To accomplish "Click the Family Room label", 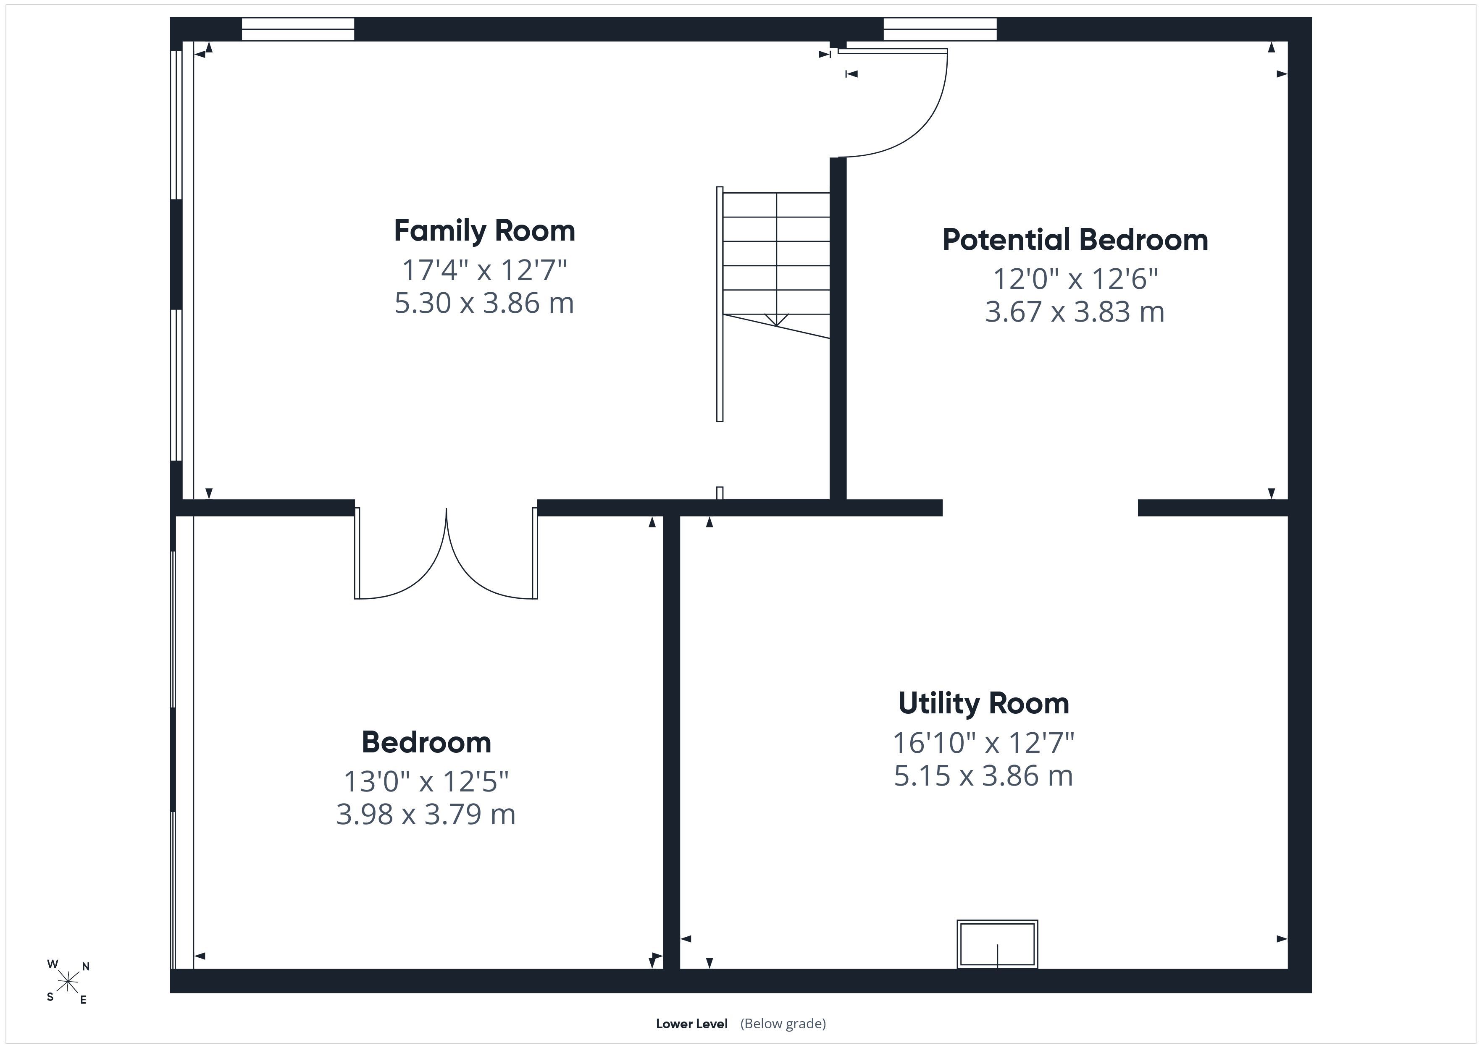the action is pos(484,231).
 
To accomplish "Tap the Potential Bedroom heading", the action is pos(1075,239).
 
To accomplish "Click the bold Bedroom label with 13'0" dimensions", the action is pos(426,742).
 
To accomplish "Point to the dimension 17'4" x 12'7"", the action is pos(484,270).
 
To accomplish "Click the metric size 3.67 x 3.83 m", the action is pos(1075,312).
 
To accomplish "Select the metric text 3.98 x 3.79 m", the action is pos(426,815).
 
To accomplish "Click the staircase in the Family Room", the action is pos(773,303).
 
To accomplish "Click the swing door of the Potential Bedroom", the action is pos(893,103).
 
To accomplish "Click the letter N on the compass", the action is pos(86,967).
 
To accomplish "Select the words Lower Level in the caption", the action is pos(691,1024).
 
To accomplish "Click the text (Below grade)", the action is pos(783,1024).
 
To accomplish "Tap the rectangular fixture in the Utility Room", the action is pos(997,944).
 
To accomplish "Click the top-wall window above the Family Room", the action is pos(298,29).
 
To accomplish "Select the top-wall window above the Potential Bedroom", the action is pos(940,29).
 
